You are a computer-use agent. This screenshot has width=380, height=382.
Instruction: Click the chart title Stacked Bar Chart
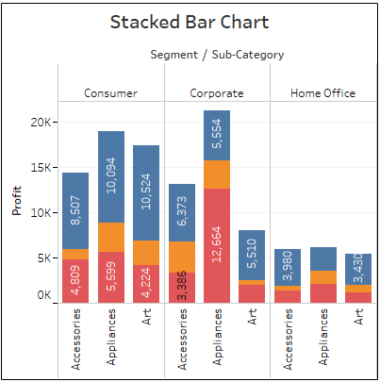pyautogui.click(x=190, y=22)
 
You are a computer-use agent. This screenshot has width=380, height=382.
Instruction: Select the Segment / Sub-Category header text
pyautogui.click(x=217, y=55)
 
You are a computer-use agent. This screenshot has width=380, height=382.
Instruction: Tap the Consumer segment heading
pyautogui.click(x=110, y=93)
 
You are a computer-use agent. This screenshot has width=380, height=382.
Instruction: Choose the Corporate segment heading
pyautogui.click(x=217, y=93)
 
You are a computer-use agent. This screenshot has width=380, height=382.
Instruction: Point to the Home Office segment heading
pyautogui.click(x=322, y=93)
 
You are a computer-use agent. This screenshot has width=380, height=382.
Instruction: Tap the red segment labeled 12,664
pyautogui.click(x=217, y=245)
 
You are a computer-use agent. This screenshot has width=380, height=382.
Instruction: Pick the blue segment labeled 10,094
pyautogui.click(x=111, y=176)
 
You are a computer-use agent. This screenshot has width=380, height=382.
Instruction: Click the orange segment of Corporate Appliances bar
pyautogui.click(x=217, y=174)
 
